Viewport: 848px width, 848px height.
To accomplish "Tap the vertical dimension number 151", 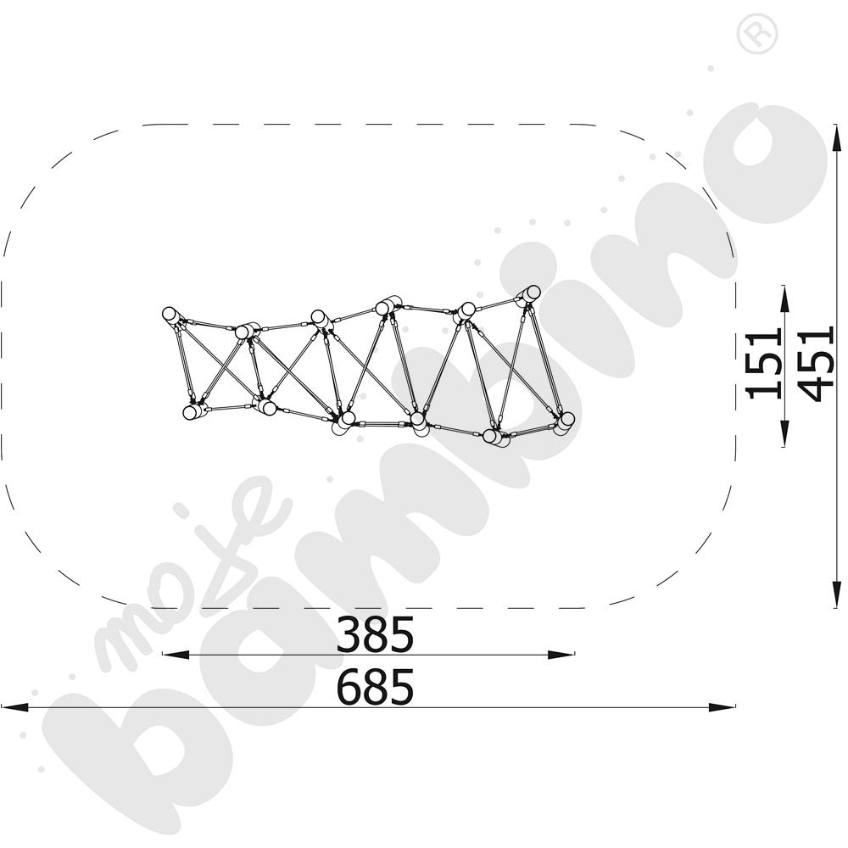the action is (764, 363).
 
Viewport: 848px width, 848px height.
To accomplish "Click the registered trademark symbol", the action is (757, 34).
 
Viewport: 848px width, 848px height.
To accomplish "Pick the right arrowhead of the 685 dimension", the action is (722, 707).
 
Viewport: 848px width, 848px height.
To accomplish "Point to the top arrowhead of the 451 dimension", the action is (837, 137).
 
